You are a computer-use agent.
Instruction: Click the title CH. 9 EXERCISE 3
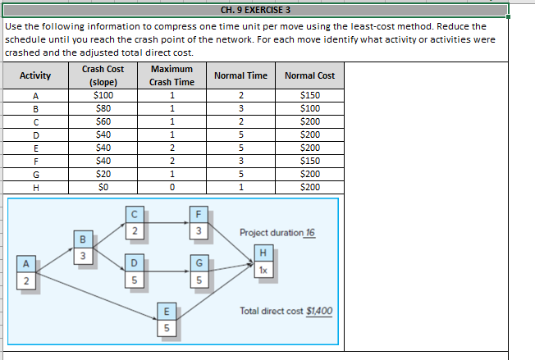point(256,11)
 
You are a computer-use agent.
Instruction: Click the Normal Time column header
point(240,75)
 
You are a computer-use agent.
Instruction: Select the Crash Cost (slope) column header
point(103,75)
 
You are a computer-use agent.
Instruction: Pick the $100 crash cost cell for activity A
point(103,95)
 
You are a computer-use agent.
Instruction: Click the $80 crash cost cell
point(103,108)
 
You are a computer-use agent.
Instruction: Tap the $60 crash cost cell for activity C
point(103,121)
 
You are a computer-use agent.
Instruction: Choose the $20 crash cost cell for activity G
point(103,174)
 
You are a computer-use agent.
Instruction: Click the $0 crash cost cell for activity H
point(103,187)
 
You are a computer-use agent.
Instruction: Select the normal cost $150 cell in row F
point(309,161)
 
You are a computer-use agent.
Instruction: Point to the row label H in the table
point(34,187)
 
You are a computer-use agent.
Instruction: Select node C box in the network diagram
point(134,222)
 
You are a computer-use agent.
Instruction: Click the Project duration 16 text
point(277,232)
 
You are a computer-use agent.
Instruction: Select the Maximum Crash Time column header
point(171,75)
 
